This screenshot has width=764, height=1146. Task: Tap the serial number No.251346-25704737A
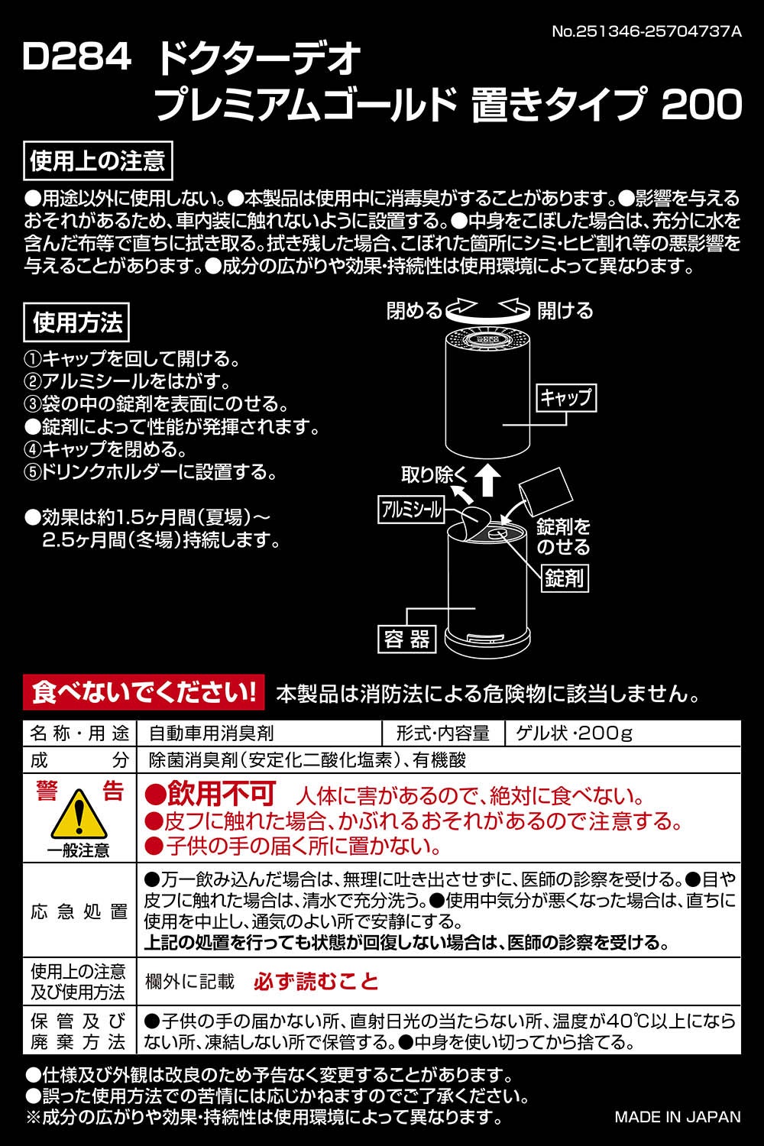(647, 31)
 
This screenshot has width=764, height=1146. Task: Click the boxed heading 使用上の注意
(98, 162)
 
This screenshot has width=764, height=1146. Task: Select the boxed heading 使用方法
(76, 322)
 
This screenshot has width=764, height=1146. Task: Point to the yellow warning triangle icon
(78, 814)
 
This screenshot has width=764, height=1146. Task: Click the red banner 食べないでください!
(144, 693)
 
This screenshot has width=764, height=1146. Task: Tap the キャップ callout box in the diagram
(566, 398)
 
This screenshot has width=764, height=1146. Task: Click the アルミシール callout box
(411, 509)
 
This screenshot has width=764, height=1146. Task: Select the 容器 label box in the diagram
(406, 639)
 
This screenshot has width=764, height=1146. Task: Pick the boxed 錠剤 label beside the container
(565, 578)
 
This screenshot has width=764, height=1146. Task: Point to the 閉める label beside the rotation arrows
(413, 310)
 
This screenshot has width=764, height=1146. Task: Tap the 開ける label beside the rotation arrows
(565, 310)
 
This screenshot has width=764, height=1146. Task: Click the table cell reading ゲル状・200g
(574, 733)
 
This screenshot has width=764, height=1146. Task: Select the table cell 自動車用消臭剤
(212, 733)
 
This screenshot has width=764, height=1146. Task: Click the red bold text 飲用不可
(210, 794)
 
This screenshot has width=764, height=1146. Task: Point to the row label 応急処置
(79, 911)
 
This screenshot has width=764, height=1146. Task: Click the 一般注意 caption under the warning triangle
(78, 851)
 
